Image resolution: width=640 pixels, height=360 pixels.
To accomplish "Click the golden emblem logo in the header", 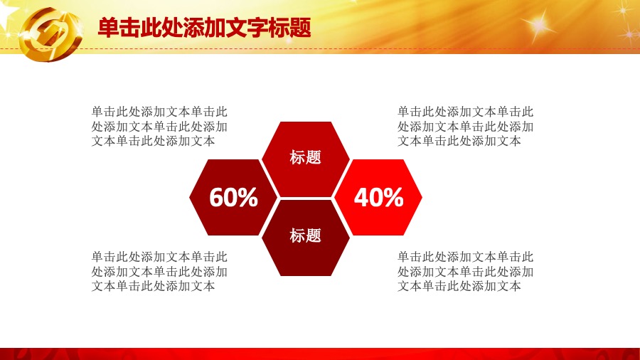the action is click(x=50, y=34).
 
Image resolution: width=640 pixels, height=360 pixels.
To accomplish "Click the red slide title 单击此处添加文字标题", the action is click(x=205, y=28).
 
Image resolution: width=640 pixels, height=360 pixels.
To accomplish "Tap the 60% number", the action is click(x=233, y=197).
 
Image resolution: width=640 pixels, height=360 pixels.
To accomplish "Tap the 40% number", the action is click(x=378, y=197).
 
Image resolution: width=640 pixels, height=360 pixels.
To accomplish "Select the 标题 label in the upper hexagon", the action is click(x=305, y=157).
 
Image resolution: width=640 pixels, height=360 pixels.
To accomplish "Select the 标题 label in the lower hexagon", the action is click(x=305, y=235).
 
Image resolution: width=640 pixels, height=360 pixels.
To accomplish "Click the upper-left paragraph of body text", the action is click(x=159, y=126).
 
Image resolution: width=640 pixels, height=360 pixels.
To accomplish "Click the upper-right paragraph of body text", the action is click(x=465, y=126).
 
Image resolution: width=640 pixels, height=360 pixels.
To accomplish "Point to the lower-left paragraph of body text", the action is click(x=159, y=272).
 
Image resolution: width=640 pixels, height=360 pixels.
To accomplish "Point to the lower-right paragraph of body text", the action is click(x=465, y=272).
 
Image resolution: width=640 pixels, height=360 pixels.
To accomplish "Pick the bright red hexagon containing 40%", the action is click(x=378, y=197).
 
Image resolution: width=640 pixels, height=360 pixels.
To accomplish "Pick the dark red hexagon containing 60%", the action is click(x=233, y=197).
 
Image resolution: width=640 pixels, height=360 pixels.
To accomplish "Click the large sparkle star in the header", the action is click(x=538, y=25).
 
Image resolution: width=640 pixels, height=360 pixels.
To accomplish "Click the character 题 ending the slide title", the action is click(x=300, y=28).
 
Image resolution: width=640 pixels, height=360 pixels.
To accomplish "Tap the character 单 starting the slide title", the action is click(x=109, y=28).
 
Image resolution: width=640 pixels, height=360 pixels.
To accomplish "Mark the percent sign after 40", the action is click(x=393, y=197).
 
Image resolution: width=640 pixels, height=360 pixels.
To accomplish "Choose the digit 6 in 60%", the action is click(x=216, y=197).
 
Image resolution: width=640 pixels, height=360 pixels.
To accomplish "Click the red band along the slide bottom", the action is click(x=320, y=354).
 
